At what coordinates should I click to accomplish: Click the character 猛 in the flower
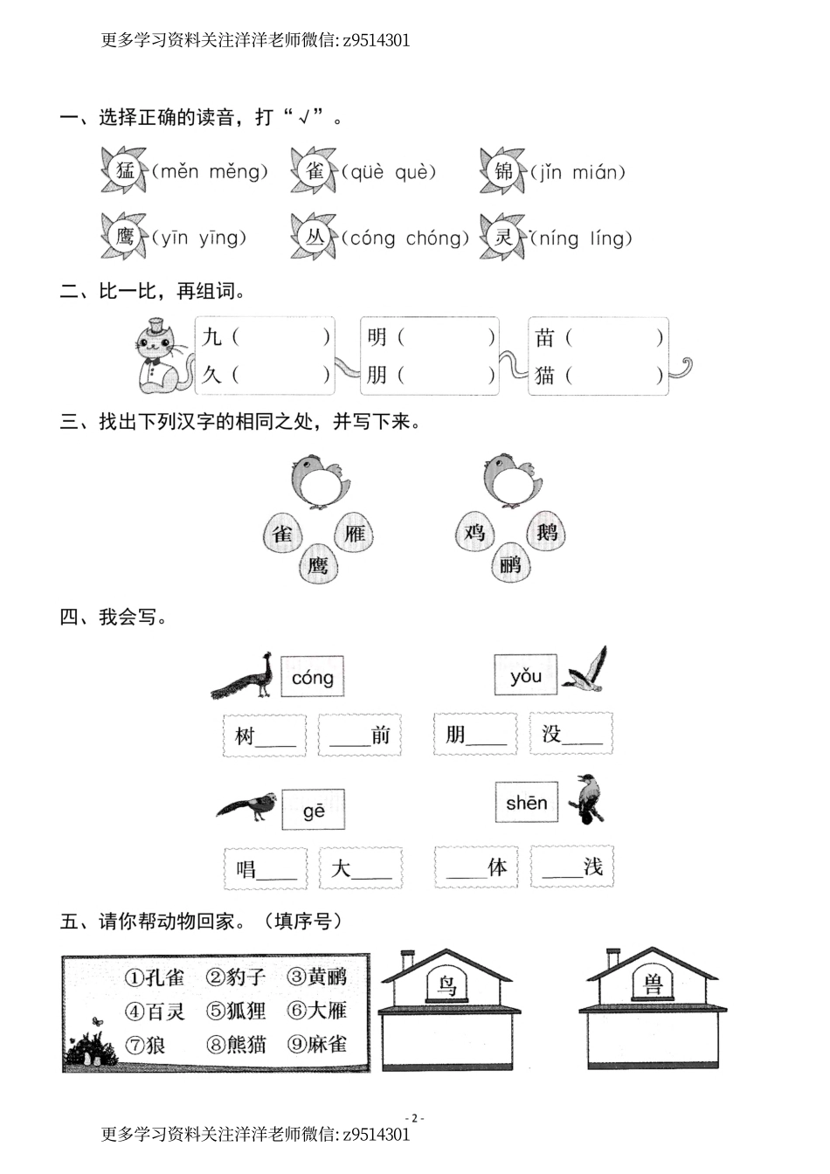click(125, 170)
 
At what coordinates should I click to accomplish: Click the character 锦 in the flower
click(504, 171)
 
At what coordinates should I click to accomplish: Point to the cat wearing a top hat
click(162, 355)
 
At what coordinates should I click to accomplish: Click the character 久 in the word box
click(212, 376)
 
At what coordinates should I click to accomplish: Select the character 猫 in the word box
click(545, 376)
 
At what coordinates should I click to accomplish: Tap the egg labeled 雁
click(355, 533)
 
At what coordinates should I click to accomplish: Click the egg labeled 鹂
click(510, 564)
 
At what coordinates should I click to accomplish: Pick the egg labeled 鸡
click(474, 532)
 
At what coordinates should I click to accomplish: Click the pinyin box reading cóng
click(312, 677)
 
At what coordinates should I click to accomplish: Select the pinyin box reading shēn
click(526, 803)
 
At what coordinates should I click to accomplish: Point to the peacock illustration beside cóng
click(244, 676)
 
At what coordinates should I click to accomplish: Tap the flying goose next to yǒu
click(584, 670)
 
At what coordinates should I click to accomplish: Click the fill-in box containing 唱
click(266, 868)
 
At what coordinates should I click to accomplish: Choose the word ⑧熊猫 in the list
click(237, 1044)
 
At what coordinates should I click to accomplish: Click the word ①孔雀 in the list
click(155, 977)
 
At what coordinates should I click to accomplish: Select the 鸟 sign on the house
click(447, 986)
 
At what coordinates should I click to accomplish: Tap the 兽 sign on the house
click(653, 985)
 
